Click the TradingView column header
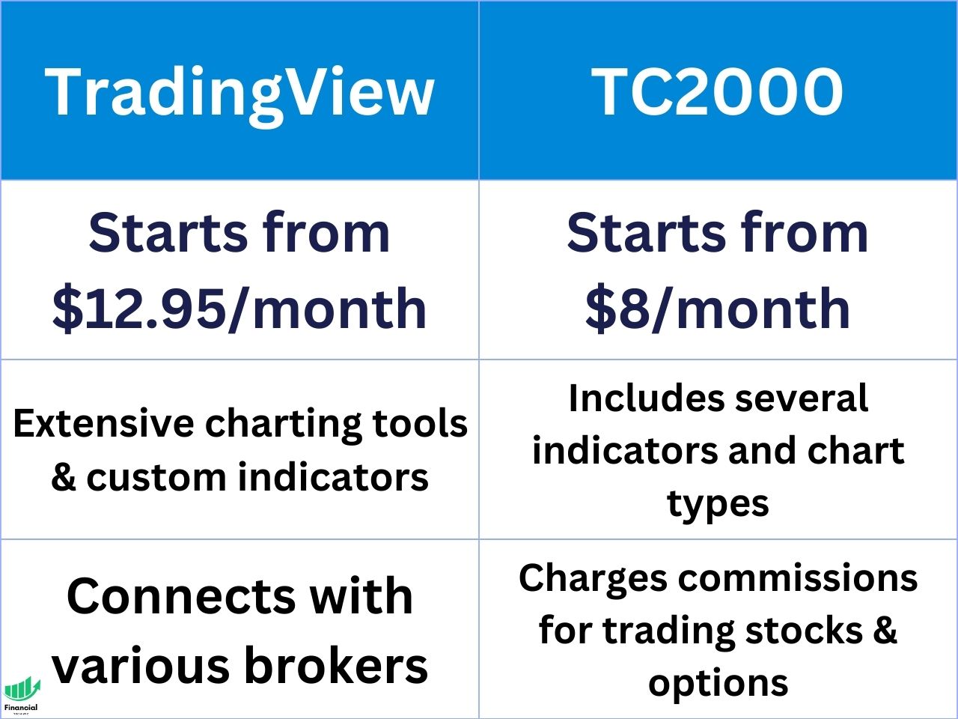(239, 91)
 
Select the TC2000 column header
(717, 91)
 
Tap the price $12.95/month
(239, 308)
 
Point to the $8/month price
(717, 308)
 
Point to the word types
(718, 503)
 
